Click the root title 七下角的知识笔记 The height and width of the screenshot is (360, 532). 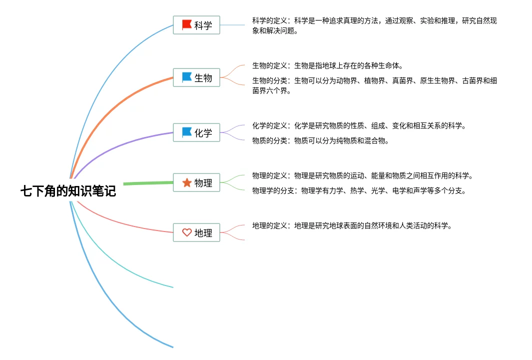coord(68,191)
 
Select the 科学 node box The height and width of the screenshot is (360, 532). coord(196,25)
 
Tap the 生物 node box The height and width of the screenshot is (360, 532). coord(196,77)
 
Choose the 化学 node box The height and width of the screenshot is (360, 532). coord(196,132)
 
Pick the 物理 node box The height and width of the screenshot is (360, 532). coord(196,182)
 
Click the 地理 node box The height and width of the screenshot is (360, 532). coord(196,232)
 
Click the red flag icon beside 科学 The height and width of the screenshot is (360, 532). coord(187,24)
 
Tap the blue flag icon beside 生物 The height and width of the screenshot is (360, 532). coord(187,77)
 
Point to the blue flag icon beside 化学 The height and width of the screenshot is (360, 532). coord(187,132)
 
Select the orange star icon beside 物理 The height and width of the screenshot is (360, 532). coord(187,182)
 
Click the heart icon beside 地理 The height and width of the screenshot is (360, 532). coord(187,232)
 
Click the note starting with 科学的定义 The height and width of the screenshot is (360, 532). coord(374,25)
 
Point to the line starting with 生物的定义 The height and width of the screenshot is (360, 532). coord(327,65)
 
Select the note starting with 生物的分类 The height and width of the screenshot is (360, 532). coord(374,85)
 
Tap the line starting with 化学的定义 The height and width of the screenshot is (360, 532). coord(359,125)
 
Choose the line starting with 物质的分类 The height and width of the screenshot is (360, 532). coord(320,140)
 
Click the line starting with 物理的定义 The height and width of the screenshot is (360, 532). coord(362,175)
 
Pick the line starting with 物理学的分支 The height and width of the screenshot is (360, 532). coord(359,190)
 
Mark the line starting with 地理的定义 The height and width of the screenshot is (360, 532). coord(352,225)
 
